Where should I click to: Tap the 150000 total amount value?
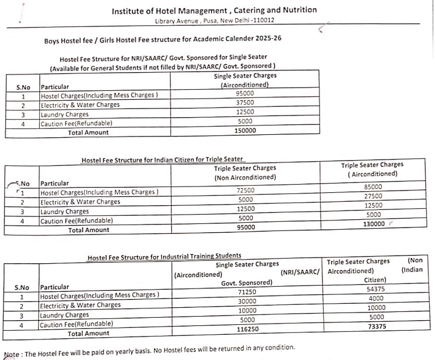[x=244, y=131]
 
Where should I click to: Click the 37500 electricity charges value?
[x=244, y=103]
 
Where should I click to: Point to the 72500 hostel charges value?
[x=245, y=191]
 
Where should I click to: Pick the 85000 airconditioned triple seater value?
[x=373, y=187]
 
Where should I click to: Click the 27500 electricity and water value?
[x=373, y=196]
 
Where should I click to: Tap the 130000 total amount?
[x=373, y=224]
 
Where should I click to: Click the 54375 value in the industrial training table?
[x=375, y=289]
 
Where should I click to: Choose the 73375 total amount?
[x=375, y=327]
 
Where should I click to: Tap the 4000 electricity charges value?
[x=375, y=298]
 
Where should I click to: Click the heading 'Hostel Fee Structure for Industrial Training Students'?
[x=164, y=257]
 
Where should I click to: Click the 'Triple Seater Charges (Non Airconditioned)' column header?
[x=245, y=172]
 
